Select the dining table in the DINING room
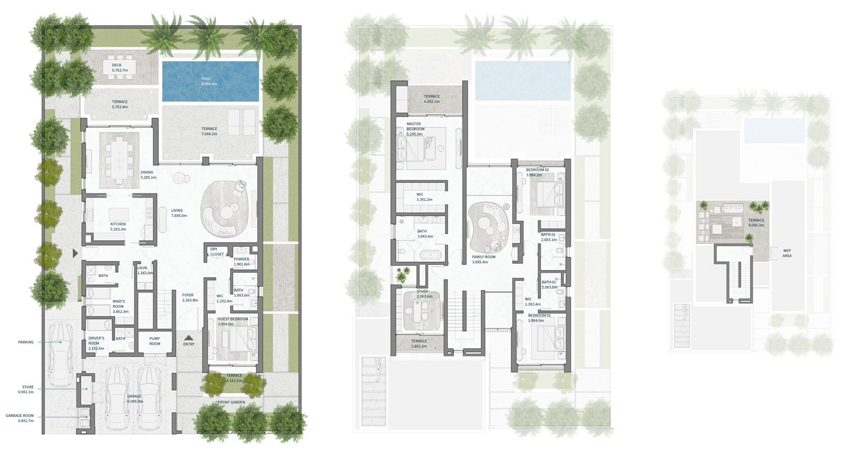click(118, 158)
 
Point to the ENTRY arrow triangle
click(189, 338)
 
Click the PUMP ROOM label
click(154, 341)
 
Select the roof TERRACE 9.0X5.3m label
click(756, 223)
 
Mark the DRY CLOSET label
click(217, 251)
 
